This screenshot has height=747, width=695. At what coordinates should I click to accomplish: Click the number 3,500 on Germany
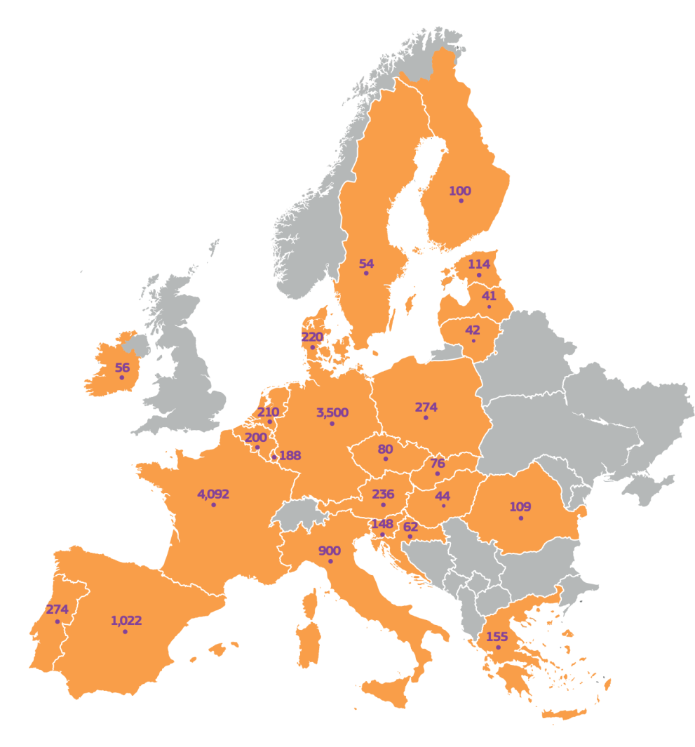tap(332, 412)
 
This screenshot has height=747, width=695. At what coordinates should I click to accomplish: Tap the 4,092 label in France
tap(213, 494)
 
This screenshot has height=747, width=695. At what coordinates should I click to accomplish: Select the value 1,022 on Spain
tap(126, 621)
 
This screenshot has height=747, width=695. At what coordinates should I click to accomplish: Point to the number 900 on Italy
tap(330, 551)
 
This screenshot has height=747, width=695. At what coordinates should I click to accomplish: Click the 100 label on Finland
tap(460, 191)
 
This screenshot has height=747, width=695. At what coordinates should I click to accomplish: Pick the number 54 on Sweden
tap(366, 264)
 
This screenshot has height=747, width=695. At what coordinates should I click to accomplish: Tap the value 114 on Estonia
tap(479, 264)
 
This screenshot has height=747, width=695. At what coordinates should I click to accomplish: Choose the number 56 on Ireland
tap(122, 368)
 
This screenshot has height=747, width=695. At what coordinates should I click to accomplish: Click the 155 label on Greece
tap(497, 637)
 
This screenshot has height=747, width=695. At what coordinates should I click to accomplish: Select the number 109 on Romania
tap(520, 507)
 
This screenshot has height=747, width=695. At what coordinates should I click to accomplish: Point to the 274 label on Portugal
tap(57, 610)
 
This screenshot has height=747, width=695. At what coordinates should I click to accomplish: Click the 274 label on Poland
tap(426, 408)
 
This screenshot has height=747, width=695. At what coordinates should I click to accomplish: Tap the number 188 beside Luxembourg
tap(290, 456)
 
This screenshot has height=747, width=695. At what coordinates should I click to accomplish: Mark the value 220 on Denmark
tap(312, 337)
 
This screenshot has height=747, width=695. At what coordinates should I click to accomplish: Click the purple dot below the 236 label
tap(383, 505)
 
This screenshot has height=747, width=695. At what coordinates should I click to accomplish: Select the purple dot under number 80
tap(385, 459)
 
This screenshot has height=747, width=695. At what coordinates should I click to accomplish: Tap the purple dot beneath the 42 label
tap(473, 341)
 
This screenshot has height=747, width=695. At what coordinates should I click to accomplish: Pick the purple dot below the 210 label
tap(269, 422)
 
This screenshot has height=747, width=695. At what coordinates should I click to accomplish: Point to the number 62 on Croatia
tap(410, 527)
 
